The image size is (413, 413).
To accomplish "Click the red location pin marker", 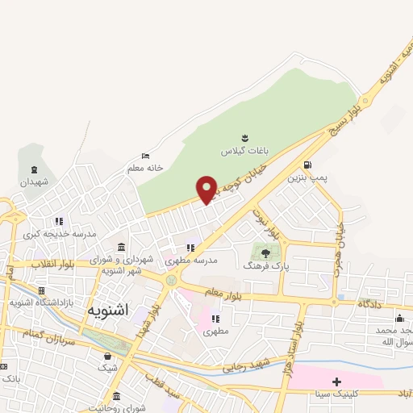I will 207,189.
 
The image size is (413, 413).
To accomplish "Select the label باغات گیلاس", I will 241,151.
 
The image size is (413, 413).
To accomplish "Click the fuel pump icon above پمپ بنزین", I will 307,165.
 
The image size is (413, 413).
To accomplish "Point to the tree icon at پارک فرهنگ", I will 265,252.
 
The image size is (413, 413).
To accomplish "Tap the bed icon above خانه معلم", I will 145,156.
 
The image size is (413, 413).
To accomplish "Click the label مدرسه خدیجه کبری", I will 59,234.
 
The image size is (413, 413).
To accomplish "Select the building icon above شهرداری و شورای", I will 121,247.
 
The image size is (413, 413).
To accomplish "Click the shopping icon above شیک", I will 107,356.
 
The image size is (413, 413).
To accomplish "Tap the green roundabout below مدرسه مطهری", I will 172,280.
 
